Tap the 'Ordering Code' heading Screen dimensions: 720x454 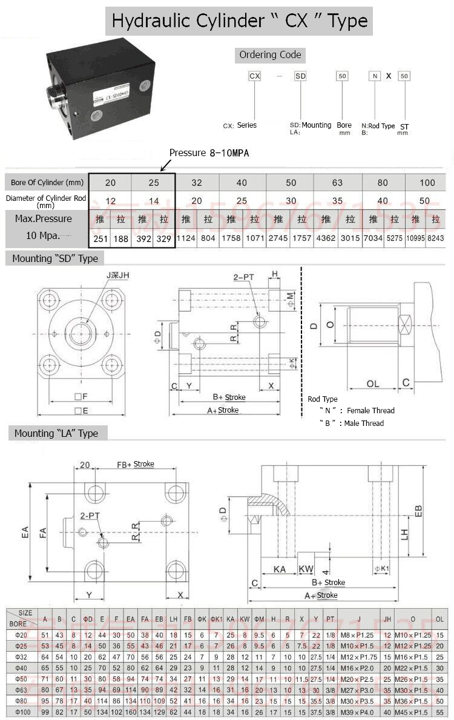click(x=270, y=54)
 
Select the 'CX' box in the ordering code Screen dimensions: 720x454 click(x=255, y=76)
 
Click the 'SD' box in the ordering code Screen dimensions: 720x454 click(x=300, y=76)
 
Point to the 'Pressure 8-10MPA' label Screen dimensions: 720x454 click(x=209, y=153)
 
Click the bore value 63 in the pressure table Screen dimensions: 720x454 click(x=337, y=182)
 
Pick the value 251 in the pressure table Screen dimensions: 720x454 click(x=100, y=238)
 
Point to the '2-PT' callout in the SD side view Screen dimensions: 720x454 click(x=244, y=278)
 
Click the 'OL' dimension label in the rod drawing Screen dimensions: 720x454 click(x=373, y=384)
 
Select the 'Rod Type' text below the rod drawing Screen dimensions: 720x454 click(x=323, y=399)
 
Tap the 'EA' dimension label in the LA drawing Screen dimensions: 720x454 click(x=24, y=533)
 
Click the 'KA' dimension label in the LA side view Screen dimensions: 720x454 click(x=279, y=569)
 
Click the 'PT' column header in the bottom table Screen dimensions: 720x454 click(x=331, y=618)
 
